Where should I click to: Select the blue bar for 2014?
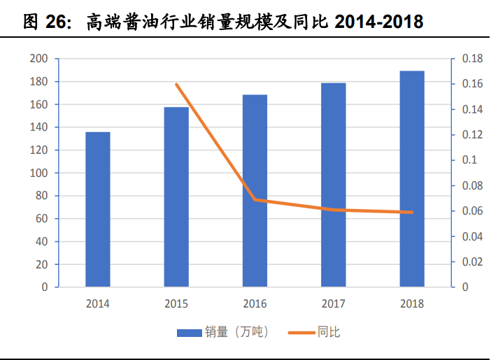[98, 209]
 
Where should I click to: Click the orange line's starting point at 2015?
[176, 85]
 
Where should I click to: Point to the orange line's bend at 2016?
[255, 199]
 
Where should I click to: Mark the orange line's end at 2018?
[412, 212]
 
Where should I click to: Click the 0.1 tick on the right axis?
[469, 160]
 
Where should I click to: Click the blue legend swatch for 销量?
[189, 332]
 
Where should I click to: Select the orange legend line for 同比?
[301, 332]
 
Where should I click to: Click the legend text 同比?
[329, 332]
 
